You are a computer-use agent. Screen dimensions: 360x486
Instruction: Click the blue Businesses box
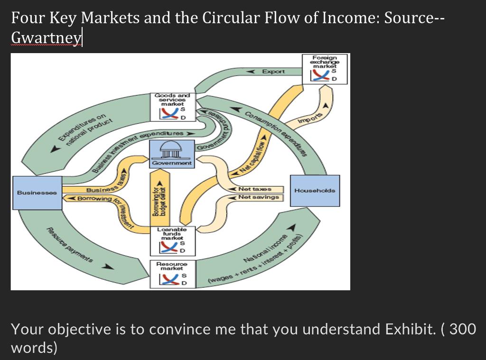37,193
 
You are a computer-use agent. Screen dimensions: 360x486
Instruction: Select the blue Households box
315,190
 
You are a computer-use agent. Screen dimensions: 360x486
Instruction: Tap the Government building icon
171,151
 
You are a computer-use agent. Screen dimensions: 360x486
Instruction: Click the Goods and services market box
172,106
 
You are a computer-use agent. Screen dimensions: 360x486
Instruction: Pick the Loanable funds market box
172,239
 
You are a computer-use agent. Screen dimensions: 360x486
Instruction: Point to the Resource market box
172,274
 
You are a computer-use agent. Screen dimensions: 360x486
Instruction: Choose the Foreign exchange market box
326,69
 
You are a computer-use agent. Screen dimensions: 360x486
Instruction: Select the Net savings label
258,197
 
